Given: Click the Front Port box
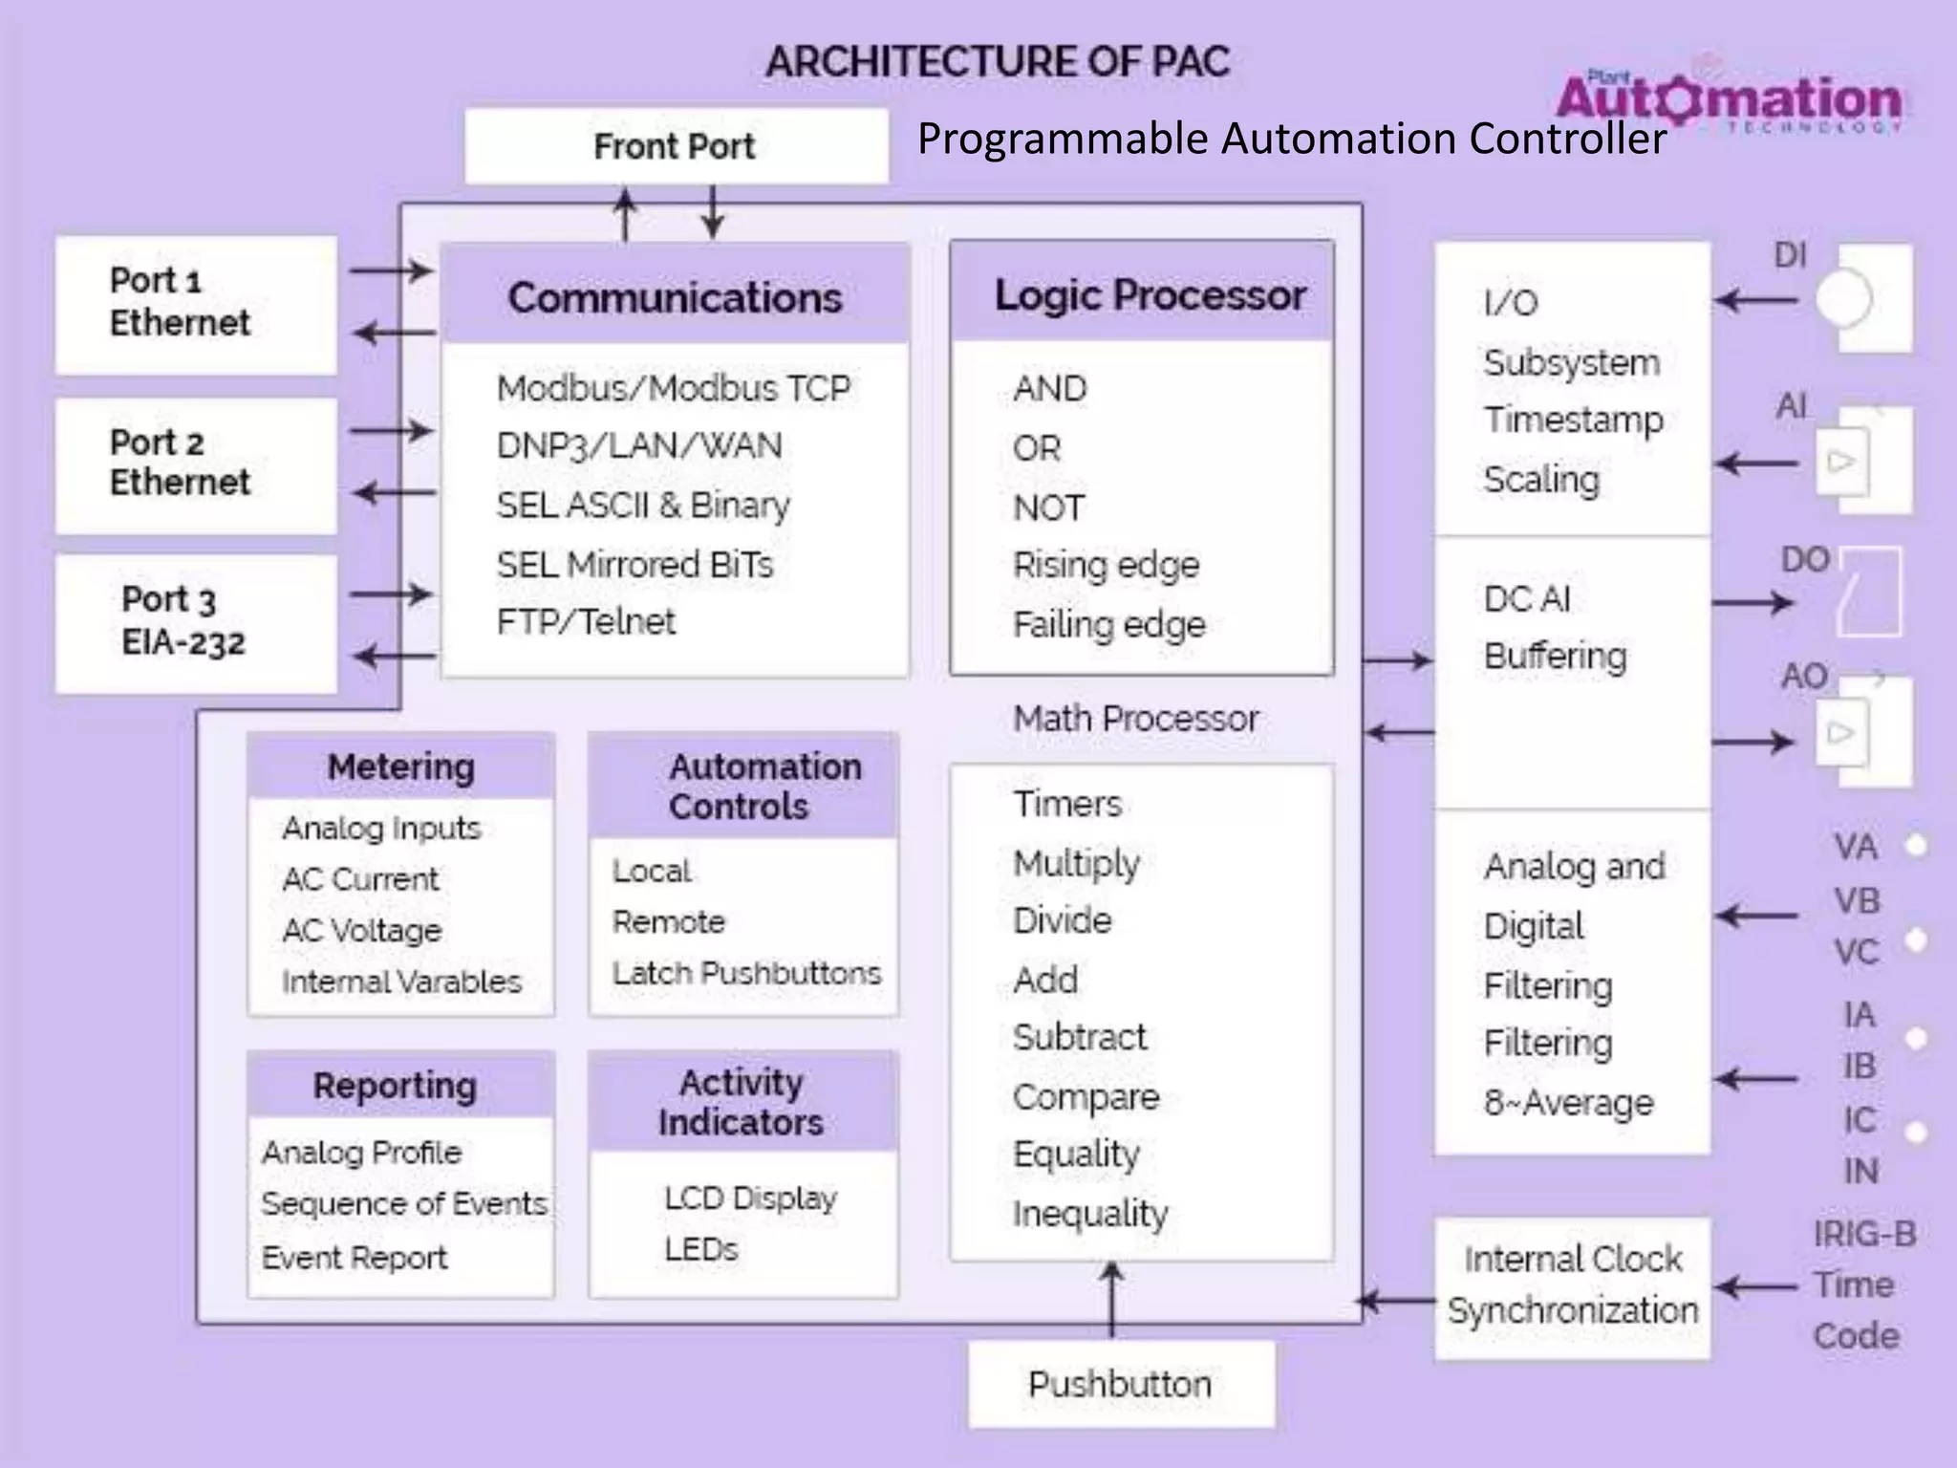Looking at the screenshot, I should point(676,146).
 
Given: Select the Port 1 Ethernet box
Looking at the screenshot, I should point(196,304).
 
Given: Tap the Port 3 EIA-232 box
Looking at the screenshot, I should point(196,622).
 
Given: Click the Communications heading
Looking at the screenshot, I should point(675,297).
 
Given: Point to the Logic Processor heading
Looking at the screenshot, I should point(1150,294).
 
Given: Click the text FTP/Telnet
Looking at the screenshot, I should point(585,622).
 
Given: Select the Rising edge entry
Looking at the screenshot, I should point(1106,565).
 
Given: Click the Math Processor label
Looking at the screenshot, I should point(1135,719).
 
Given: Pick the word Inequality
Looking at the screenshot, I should point(1090,1214).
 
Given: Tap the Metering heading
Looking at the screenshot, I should point(400,766).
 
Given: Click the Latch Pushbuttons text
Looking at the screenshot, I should point(746,973).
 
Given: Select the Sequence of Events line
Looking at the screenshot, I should point(404,1203).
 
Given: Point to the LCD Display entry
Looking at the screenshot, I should point(750,1198).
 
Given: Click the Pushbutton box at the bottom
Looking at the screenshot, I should point(1120,1384).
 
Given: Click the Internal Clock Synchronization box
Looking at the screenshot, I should point(1572,1285).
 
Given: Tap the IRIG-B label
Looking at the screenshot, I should point(1864,1234).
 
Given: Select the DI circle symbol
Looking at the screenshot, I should point(1841,299).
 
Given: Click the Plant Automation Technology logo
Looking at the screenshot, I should point(1728,98).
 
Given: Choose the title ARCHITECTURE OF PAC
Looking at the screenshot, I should point(997,62).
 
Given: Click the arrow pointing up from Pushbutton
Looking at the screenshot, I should point(1112,1300).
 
